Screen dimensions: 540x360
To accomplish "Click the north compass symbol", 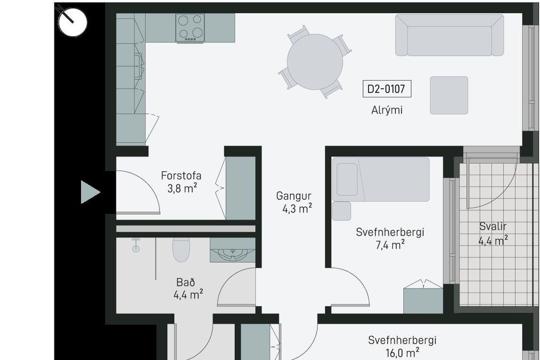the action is tap(73, 22).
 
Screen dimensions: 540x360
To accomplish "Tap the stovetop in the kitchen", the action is tap(190, 28).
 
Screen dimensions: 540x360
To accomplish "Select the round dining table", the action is tap(315, 62).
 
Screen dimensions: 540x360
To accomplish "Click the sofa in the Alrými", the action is tap(449, 35).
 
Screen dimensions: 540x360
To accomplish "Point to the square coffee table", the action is tap(449, 96).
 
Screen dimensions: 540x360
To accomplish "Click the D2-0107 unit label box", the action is tap(387, 89).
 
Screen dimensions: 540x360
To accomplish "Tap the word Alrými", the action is tap(387, 110).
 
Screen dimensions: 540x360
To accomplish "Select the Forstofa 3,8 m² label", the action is tap(181, 182).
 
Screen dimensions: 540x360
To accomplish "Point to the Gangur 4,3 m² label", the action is tap(294, 202).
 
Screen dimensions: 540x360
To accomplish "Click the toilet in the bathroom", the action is tap(181, 250).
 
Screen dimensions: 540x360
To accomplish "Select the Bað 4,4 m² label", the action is tap(188, 289).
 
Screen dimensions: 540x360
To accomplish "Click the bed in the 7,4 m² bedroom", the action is tap(380, 179).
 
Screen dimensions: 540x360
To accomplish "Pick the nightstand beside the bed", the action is tap(341, 211).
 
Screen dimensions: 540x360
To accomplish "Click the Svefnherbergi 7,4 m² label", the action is tap(390, 238).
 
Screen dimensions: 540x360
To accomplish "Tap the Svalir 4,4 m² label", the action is tap(493, 233).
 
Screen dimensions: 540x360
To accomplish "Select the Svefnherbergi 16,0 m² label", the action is tap(402, 347).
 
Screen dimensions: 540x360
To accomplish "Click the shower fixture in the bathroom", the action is tap(136, 245).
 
